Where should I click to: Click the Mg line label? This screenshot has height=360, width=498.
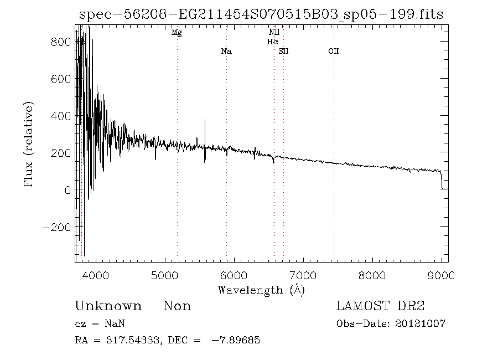177,33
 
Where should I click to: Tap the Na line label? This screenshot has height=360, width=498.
226,52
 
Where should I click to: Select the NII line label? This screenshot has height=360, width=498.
274,33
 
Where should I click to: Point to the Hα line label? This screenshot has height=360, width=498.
272,42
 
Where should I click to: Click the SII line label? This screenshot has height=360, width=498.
284,52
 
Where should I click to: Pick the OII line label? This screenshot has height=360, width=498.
333,52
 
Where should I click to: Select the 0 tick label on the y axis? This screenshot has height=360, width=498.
67,189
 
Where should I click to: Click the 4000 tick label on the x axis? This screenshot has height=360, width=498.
96,275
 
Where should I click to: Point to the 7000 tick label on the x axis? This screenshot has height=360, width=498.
303,275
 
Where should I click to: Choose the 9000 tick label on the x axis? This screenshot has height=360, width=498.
441,275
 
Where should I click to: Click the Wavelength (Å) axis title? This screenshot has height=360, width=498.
261,289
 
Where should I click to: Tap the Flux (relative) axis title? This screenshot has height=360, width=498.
29,144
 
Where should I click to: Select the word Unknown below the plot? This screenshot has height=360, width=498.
108,306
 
